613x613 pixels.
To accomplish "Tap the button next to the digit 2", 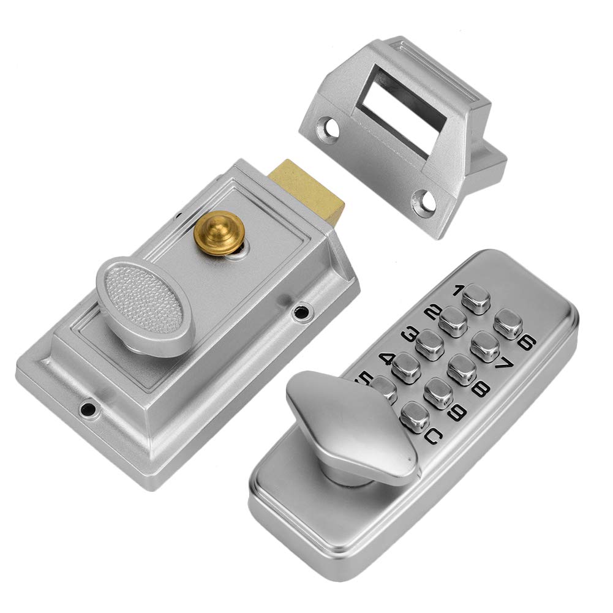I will (453, 319).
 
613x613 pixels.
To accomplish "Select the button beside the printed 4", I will (405, 368).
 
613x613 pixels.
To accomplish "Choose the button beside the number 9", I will (438, 393).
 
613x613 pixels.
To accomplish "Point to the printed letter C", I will (432, 437).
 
